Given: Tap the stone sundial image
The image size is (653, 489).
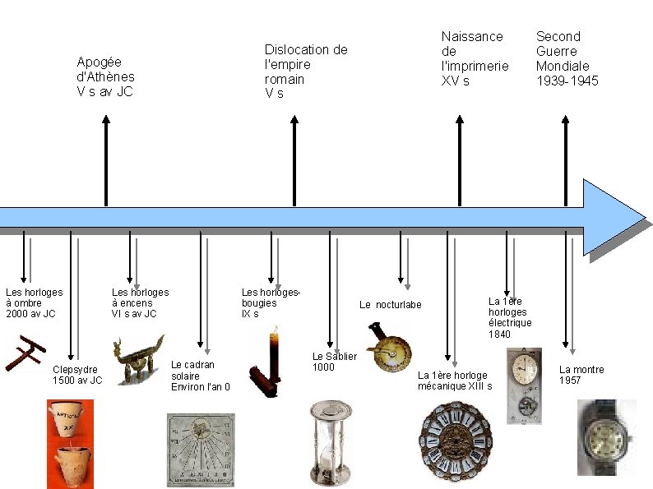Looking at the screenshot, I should click(200, 450).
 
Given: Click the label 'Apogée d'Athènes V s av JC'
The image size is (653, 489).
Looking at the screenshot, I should click(105, 76).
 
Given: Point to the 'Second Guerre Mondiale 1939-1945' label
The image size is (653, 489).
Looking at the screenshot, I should click(567, 58).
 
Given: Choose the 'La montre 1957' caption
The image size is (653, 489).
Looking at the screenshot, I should click(581, 375).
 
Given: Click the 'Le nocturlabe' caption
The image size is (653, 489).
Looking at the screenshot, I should click(390, 305).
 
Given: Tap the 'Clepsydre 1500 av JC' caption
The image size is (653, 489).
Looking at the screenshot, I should click(77, 375).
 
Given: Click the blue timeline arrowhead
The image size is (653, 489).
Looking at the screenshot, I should click(613, 215).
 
